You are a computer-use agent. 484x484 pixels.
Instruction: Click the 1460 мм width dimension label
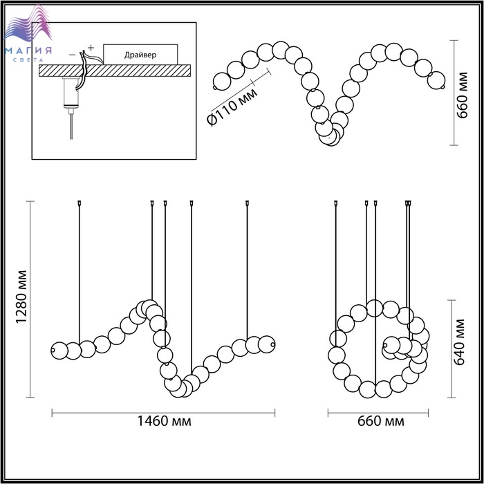(164, 421)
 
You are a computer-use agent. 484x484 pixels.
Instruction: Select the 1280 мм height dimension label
(22, 297)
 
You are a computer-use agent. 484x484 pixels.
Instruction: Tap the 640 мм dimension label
(459, 342)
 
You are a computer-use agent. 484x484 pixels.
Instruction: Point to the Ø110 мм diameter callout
(233, 106)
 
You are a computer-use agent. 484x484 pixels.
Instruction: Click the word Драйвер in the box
(140, 55)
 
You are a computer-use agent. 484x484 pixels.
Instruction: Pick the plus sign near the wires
(91, 48)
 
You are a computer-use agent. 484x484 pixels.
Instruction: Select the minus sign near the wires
(72, 55)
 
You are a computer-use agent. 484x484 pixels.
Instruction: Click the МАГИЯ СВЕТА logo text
(28, 54)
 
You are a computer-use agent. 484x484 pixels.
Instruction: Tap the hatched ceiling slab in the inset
(115, 71)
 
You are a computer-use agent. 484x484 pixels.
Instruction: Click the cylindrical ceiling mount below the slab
(71, 93)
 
